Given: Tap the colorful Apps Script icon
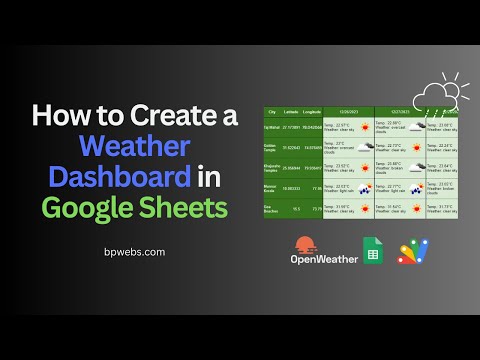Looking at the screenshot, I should click(414, 251).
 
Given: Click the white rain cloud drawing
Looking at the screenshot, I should click(436, 97).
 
